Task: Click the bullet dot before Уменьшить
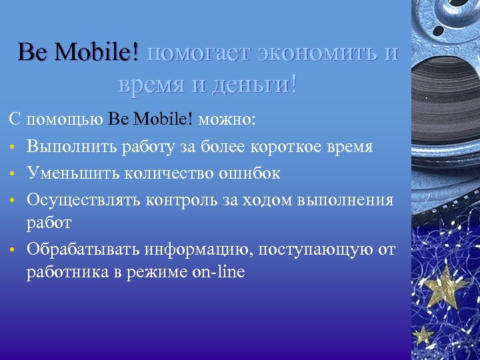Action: coord(13,174)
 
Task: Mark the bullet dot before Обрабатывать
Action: coord(13,250)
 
